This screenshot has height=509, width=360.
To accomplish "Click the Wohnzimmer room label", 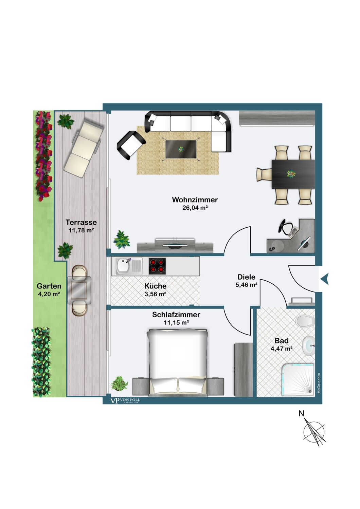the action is [195, 200].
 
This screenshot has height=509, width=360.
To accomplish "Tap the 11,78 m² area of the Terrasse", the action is [82, 230].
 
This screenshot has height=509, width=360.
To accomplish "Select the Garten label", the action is [49, 286].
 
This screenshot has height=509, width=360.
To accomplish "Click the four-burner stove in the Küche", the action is [157, 266].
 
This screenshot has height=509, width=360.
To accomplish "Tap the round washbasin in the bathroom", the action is [309, 345].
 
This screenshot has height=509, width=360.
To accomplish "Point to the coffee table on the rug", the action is [181, 149].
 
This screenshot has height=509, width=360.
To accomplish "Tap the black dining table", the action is [293, 174].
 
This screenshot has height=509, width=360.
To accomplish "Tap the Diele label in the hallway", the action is [246, 277].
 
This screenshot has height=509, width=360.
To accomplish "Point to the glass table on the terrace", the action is [79, 290].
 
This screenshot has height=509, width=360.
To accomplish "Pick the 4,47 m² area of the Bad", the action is [282, 348].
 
